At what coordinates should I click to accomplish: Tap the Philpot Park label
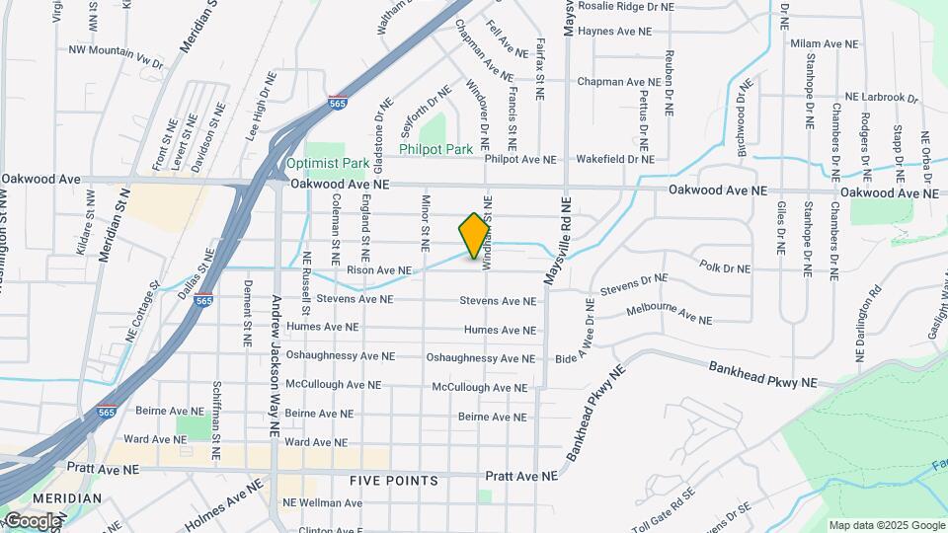435,149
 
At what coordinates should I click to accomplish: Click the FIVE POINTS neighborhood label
394,481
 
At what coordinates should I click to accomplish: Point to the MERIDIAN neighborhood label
66,498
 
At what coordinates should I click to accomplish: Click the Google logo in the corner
32,521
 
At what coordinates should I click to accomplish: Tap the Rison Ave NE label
377,269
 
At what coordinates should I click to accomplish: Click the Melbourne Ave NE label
669,315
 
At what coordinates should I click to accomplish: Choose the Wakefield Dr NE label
615,158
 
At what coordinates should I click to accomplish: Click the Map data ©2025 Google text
886,525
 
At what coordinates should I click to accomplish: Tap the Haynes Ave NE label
614,32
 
